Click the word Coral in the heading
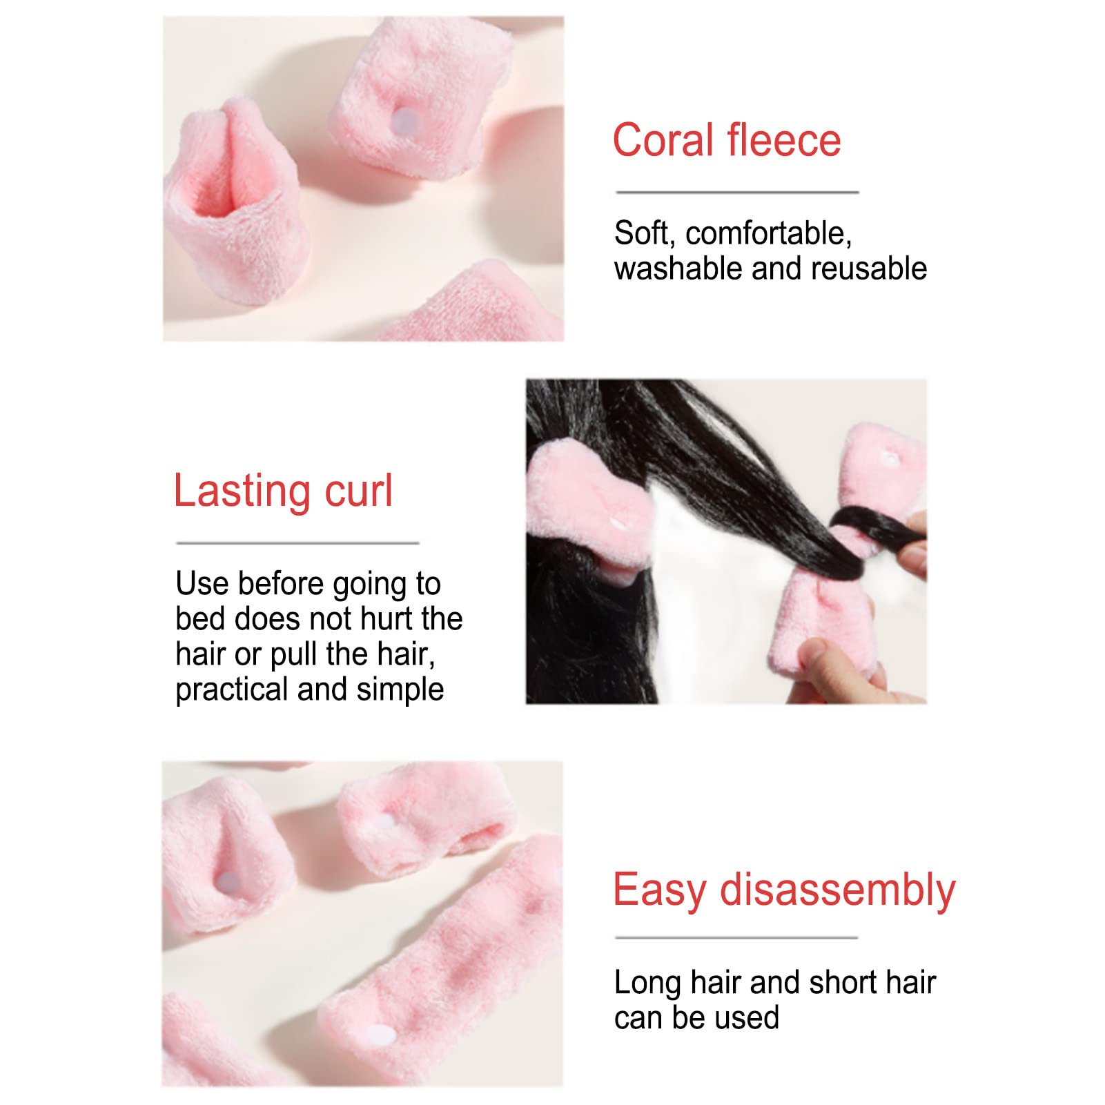point(663,141)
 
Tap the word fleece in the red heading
point(784,141)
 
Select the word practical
point(232,690)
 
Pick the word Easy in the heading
point(659,890)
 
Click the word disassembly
point(837,890)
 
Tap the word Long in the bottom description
point(647,982)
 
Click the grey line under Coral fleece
point(737,193)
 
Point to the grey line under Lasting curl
point(297,543)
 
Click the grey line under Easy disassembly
point(736,938)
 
